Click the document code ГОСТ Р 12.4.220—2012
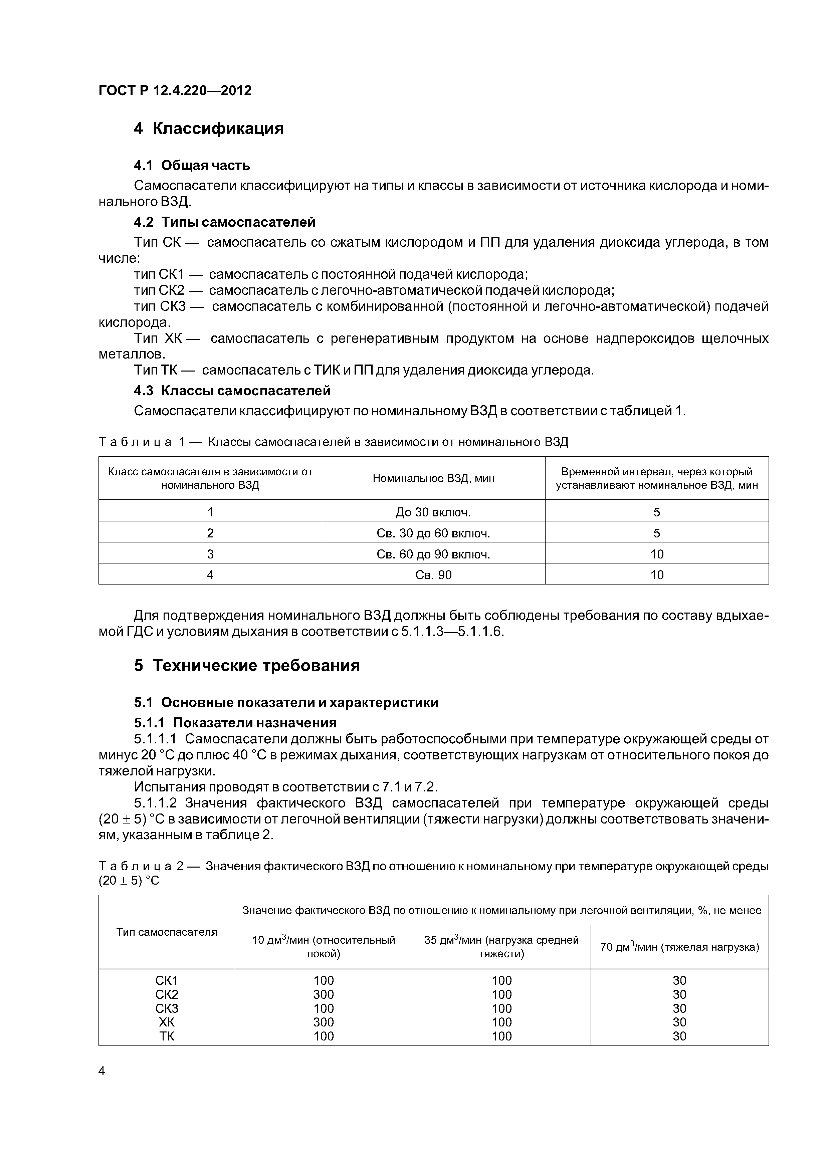[175, 91]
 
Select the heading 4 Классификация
[209, 128]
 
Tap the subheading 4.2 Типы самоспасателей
[224, 222]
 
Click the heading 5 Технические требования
[247, 666]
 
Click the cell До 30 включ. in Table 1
[433, 512]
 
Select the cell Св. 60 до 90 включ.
[433, 554]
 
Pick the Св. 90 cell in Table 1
[433, 575]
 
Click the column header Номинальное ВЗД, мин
[433, 478]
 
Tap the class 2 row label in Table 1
[210, 533]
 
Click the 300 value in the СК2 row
[324, 994]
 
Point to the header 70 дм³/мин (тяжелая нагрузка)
[679, 947]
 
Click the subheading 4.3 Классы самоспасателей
[232, 390]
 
